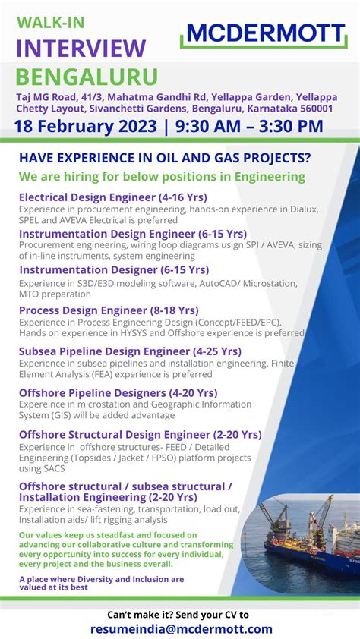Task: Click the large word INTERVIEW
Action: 81,49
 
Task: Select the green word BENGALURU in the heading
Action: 87,77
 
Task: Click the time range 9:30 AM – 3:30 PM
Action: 254,126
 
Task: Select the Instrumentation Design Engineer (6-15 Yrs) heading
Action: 132,233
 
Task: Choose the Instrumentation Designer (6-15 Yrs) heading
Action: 113,269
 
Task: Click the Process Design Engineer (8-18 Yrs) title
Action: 109,310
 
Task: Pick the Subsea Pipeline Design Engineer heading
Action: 130,351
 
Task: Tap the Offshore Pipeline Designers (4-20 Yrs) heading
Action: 118,392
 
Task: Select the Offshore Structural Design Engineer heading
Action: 140,434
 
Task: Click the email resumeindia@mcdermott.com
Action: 181,629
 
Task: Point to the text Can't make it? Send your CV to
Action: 178,614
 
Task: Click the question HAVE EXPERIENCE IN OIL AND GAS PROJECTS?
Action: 165,158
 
